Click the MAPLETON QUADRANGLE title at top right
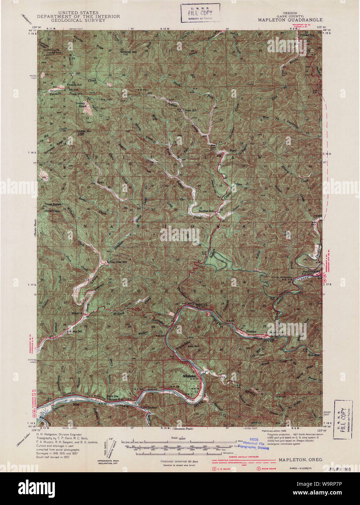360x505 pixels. [290, 20]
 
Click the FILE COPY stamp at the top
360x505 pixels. [200, 13]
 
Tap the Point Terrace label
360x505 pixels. [149, 408]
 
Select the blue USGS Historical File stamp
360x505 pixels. [254, 443]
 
